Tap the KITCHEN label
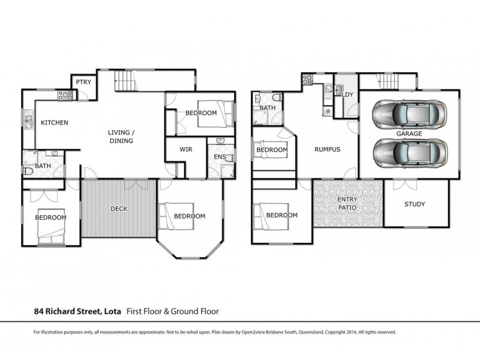54,123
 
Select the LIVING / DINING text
120,136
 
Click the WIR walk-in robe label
185,150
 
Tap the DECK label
119,209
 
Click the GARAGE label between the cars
409,133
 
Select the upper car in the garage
410,112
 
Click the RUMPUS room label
328,150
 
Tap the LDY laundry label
346,95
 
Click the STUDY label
414,204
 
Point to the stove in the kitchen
65,95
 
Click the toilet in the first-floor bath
28,171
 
